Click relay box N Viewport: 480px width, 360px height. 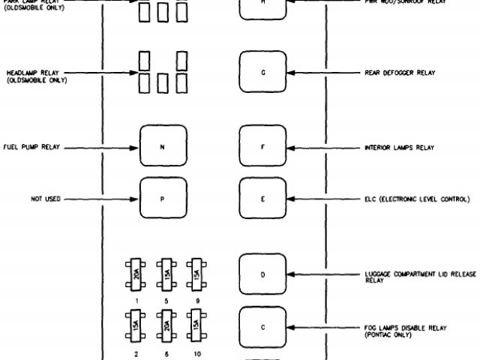[x=162, y=147]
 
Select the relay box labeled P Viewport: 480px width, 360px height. [x=162, y=199]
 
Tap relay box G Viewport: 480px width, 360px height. [x=262, y=73]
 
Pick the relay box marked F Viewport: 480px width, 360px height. [x=262, y=147]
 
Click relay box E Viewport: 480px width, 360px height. [x=262, y=199]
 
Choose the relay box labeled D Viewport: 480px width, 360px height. [x=262, y=274]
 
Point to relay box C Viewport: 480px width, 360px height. [x=262, y=327]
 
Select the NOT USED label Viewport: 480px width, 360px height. [x=45, y=199]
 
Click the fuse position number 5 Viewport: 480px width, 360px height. [x=165, y=299]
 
